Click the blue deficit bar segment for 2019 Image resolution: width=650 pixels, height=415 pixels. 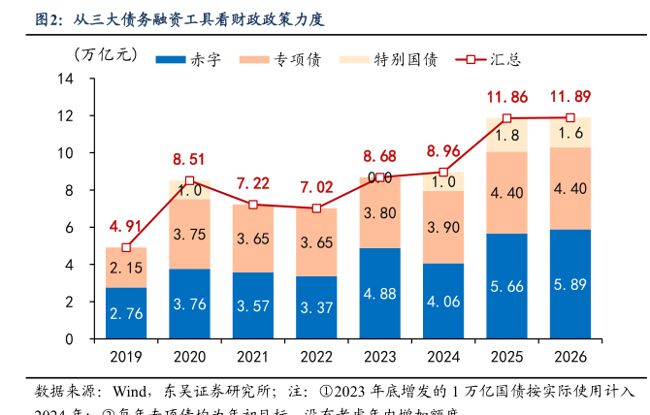126,313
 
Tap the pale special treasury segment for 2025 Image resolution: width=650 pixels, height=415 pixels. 507,135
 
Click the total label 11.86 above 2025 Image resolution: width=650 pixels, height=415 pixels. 507,97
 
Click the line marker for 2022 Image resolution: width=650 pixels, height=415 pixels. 316,208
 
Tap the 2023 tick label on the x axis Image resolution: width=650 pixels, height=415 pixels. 380,357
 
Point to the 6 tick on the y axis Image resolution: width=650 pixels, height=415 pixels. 70,227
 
